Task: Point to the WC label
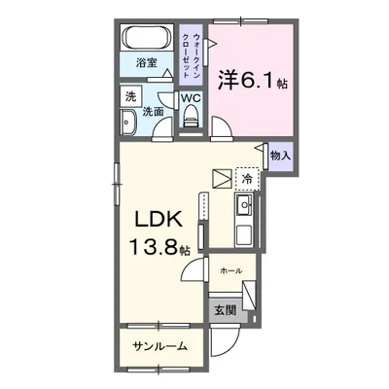coord(191,98)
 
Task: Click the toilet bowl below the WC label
coord(192,120)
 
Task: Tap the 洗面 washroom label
coord(154,112)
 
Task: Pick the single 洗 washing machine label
coord(129,97)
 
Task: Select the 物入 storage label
coord(279,155)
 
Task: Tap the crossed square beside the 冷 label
coord(223,179)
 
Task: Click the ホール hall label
coord(230,269)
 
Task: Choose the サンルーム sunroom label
coord(160,345)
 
